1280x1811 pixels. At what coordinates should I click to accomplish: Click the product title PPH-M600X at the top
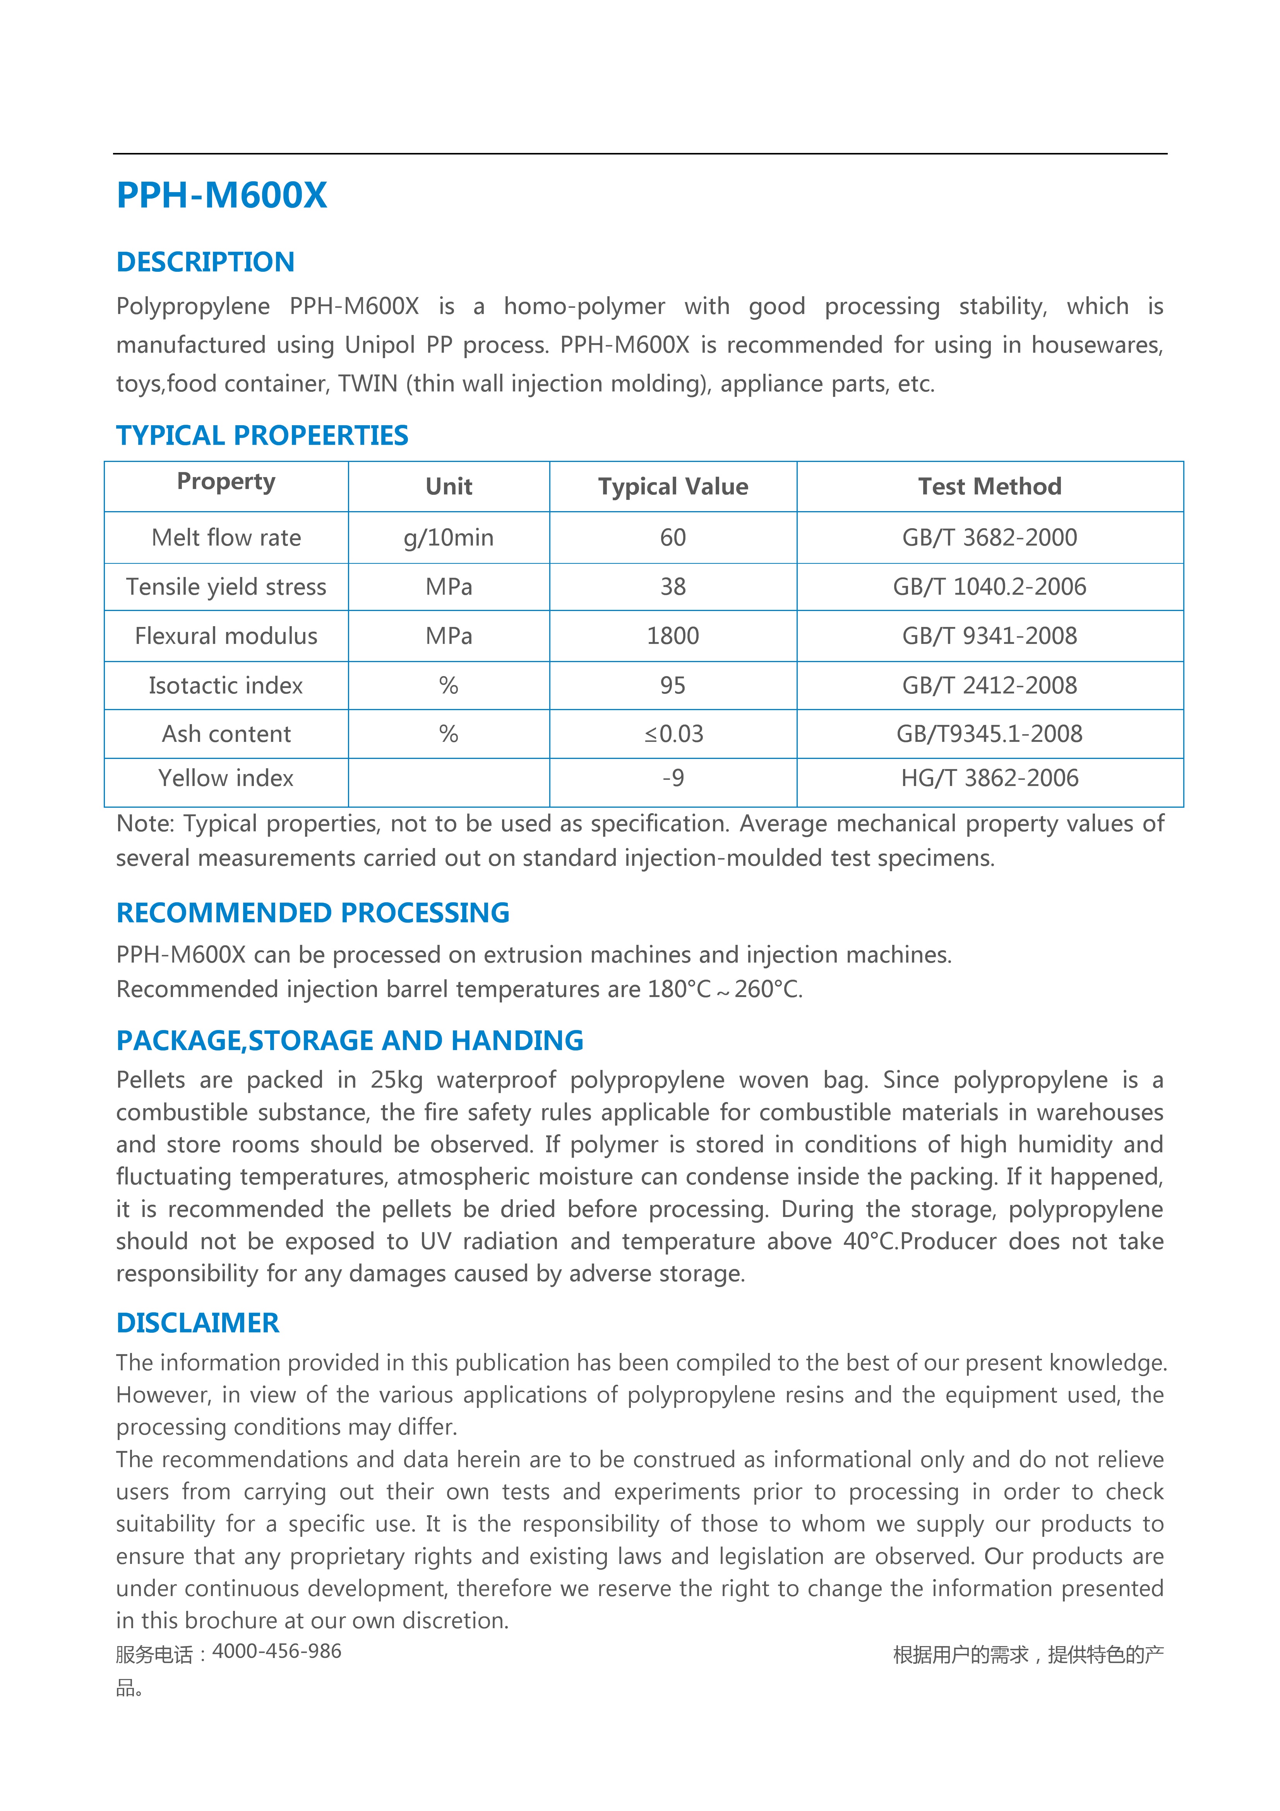pos(222,195)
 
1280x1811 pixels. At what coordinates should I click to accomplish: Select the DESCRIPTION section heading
pos(205,262)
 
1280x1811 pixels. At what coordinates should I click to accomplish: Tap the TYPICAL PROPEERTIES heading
pos(262,435)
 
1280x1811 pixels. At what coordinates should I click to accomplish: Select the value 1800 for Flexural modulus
pos(673,636)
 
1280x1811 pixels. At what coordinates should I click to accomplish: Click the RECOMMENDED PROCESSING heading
pos(312,913)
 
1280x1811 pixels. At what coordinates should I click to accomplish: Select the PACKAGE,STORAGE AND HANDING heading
pos(350,1040)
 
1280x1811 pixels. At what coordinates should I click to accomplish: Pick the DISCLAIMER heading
pos(197,1323)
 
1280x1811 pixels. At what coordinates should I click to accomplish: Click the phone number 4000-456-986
pos(277,1651)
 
